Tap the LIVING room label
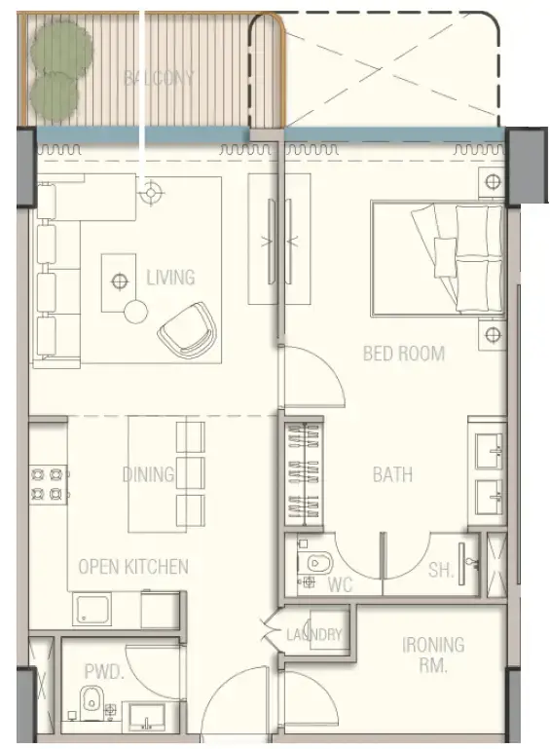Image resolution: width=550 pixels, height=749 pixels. [x=170, y=278]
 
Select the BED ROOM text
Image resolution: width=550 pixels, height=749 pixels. [x=404, y=353]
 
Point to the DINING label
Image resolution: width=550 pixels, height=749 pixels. [x=148, y=474]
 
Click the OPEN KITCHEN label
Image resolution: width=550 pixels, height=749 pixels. [x=133, y=566]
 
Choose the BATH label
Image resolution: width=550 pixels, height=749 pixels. [x=392, y=474]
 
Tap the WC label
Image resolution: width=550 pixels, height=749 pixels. [x=341, y=585]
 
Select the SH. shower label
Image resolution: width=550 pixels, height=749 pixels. [x=441, y=571]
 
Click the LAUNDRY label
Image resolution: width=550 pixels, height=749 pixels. [x=314, y=635]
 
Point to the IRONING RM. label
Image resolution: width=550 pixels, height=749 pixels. [x=433, y=655]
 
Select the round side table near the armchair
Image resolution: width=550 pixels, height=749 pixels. [x=135, y=312]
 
